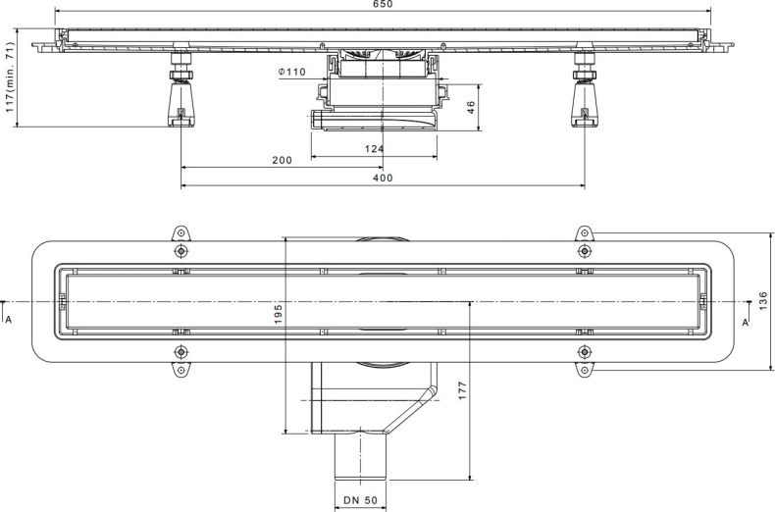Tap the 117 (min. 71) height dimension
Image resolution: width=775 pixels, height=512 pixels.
pos(12,78)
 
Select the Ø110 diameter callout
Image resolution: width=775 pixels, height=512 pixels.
pos(292,71)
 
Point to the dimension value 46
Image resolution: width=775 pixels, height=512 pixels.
pos(470,105)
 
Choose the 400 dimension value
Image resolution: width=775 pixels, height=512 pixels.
pos(383,178)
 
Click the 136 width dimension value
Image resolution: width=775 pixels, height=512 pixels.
pos(763,301)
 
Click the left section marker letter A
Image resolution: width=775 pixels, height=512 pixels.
pos(9,319)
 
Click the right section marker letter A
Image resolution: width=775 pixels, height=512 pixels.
pos(745,321)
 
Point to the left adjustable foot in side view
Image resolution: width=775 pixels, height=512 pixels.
pos(181,98)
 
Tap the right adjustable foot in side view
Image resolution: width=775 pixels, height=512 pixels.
pos(584,98)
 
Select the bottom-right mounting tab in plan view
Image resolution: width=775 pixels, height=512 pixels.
pos(584,369)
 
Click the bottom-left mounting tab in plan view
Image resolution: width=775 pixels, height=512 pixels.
pos(180,369)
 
